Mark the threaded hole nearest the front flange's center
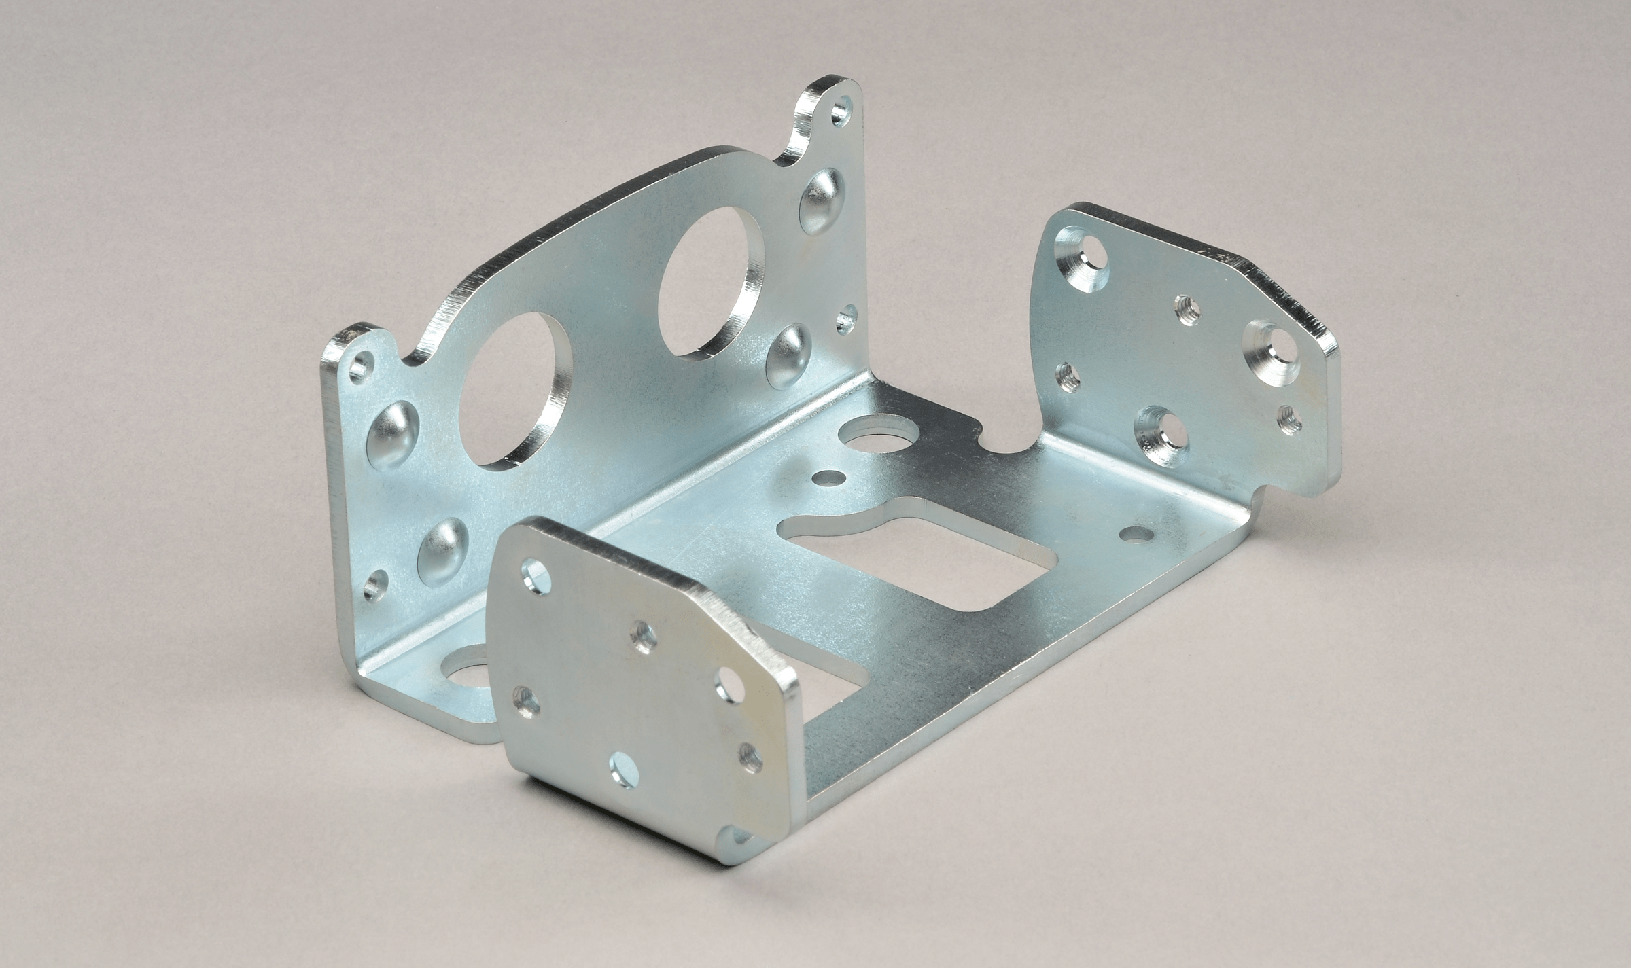tap(642, 639)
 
